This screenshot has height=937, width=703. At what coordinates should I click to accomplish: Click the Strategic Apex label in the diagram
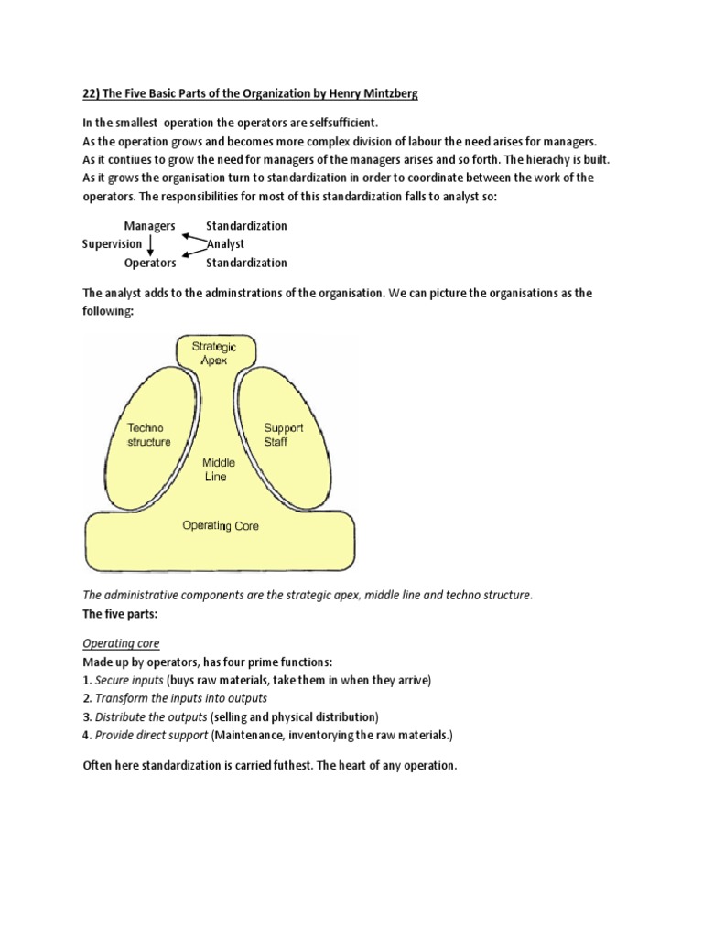[214, 353]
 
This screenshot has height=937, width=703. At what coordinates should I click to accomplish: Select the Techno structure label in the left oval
[148, 435]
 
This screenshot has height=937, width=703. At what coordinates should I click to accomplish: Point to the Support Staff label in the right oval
[283, 435]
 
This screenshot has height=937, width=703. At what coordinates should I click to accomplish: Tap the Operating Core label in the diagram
[221, 526]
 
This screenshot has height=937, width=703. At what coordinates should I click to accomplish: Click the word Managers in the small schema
[149, 226]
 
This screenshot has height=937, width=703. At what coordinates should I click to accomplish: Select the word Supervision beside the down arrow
[112, 244]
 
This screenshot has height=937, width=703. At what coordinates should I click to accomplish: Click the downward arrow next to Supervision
[150, 244]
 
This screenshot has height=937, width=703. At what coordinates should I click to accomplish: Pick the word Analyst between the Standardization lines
[225, 244]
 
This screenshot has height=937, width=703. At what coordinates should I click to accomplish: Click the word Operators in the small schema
[149, 263]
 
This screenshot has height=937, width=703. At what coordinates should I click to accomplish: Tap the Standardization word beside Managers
[246, 226]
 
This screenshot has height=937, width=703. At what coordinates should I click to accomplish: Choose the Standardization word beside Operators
[246, 263]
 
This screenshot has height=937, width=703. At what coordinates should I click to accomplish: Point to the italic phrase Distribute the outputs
[150, 716]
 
